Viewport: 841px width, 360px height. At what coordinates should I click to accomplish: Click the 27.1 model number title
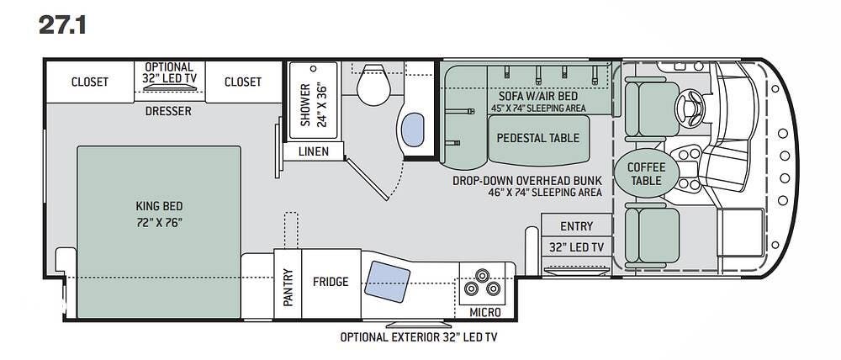(x=61, y=25)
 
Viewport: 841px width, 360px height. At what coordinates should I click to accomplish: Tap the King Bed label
(x=159, y=205)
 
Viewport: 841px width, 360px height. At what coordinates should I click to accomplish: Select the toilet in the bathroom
(x=373, y=85)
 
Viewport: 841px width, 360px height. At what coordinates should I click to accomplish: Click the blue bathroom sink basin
(x=412, y=130)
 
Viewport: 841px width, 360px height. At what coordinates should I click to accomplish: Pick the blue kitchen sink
(x=387, y=282)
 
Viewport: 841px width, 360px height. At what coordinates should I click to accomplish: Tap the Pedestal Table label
(x=538, y=138)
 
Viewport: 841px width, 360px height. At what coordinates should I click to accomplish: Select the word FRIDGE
(x=331, y=281)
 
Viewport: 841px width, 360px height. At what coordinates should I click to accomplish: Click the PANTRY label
(x=288, y=287)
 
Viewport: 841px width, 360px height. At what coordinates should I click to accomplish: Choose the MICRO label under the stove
(x=485, y=312)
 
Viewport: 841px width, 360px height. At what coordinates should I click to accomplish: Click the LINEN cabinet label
(x=314, y=152)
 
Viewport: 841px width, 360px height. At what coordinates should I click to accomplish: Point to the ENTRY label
(x=577, y=226)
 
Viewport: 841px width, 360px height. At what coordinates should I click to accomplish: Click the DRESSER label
(x=168, y=112)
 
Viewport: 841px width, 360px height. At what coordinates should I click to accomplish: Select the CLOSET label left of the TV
(x=90, y=82)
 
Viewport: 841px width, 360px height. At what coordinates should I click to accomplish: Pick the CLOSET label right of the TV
(x=243, y=82)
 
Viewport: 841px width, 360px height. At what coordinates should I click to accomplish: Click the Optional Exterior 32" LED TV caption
(x=419, y=337)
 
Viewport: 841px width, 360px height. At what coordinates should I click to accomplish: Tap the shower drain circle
(x=313, y=69)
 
